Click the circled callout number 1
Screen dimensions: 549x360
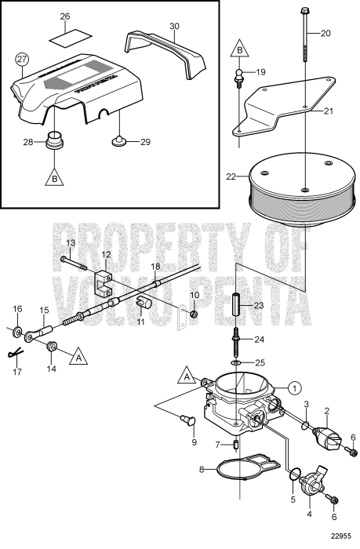(x=293, y=387)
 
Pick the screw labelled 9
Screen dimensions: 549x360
(x=189, y=418)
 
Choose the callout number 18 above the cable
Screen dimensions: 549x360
(x=155, y=267)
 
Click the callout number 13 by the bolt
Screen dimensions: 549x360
(x=69, y=243)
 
